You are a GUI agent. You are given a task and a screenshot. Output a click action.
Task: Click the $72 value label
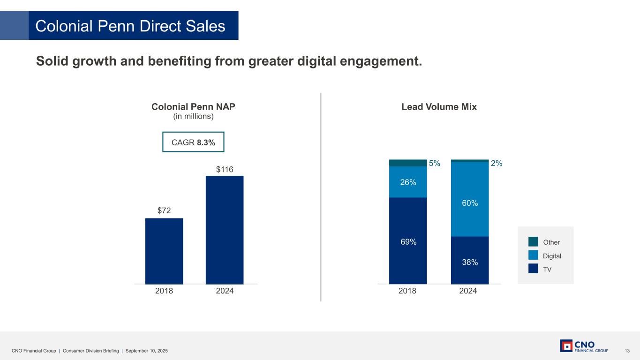click(164, 211)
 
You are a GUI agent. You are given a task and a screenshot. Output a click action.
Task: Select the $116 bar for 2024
click(225, 230)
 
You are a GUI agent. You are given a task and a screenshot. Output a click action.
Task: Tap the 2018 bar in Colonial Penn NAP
click(164, 251)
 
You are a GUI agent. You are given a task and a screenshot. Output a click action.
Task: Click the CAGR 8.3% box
click(193, 142)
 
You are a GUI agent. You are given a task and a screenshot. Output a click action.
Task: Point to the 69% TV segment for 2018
click(408, 241)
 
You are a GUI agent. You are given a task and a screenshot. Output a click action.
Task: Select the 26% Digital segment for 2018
click(408, 182)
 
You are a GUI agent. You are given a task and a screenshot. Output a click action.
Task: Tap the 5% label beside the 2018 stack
click(435, 164)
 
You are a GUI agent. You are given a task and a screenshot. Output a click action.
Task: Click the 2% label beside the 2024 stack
click(497, 164)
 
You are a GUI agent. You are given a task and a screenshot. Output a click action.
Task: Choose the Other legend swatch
click(533, 242)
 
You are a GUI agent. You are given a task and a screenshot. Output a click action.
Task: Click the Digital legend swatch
click(533, 255)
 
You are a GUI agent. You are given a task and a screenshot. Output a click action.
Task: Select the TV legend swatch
click(533, 269)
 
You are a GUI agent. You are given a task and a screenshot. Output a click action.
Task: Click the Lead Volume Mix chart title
click(439, 107)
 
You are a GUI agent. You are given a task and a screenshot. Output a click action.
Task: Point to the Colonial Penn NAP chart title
click(193, 107)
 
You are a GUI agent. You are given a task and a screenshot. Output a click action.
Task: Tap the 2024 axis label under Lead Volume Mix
click(468, 291)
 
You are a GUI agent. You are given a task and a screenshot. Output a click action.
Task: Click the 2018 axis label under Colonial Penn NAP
click(164, 291)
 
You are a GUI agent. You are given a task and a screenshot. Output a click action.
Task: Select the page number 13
click(627, 351)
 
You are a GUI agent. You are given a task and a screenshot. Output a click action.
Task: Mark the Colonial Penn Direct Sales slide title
click(130, 26)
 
